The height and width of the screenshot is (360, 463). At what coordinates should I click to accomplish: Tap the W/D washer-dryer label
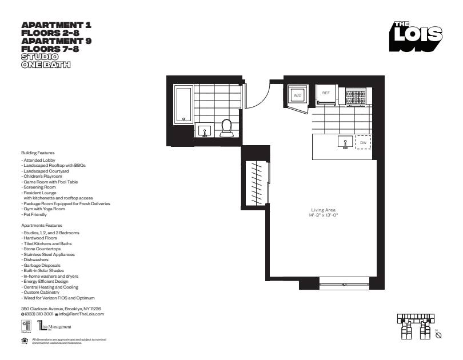pyautogui.click(x=297, y=95)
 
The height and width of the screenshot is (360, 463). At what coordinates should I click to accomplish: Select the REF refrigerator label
pyautogui.click(x=326, y=93)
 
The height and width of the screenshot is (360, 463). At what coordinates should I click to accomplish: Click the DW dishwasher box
pyautogui.click(x=363, y=142)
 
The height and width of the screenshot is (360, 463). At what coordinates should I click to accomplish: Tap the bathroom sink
pyautogui.click(x=203, y=131)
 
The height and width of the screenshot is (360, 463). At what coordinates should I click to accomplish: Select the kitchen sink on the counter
pyautogui.click(x=346, y=141)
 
